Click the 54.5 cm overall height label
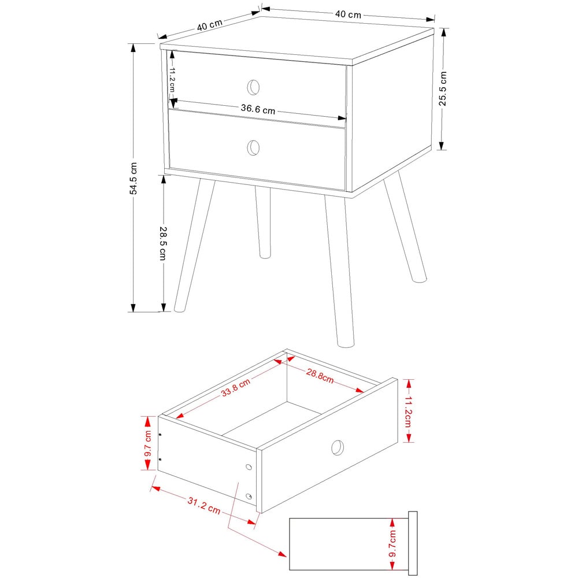[134, 179]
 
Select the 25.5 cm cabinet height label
[443, 88]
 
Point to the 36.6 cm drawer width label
[258, 109]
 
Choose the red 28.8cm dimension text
[320, 376]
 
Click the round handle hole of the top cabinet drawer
[253, 87]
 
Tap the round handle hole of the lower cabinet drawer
[253, 147]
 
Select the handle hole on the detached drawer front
[337, 447]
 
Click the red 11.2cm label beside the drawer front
[408, 410]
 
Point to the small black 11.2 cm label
[172, 80]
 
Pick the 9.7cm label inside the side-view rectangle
[392, 544]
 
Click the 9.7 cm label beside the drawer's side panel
[148, 442]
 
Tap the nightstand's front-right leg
[339, 272]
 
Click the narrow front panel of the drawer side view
[413, 543]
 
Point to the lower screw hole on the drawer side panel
[249, 496]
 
